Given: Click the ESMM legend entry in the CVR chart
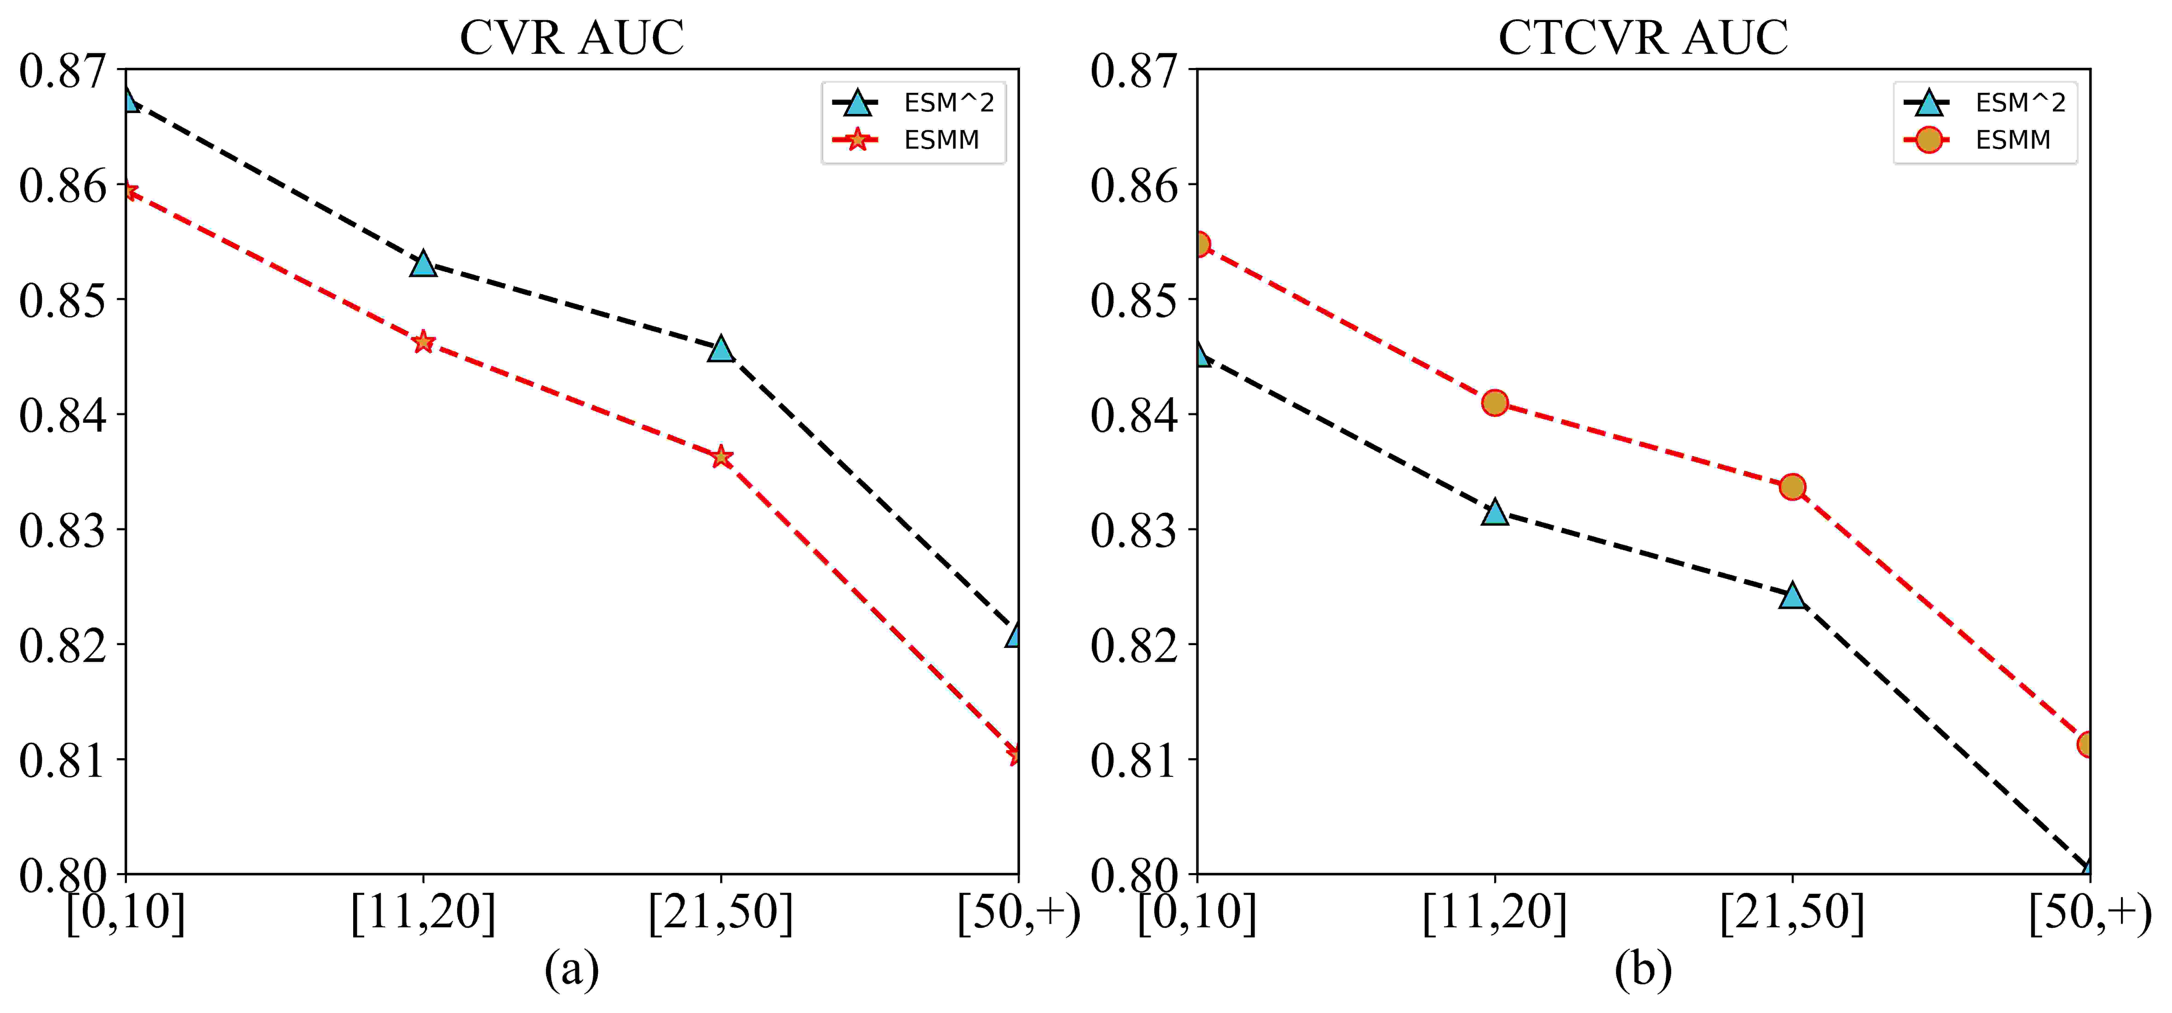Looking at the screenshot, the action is [906, 140].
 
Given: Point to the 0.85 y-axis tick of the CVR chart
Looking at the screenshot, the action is [63, 300].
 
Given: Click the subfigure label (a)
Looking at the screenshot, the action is [572, 969].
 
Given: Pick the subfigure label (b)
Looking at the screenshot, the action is [1643, 969].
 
